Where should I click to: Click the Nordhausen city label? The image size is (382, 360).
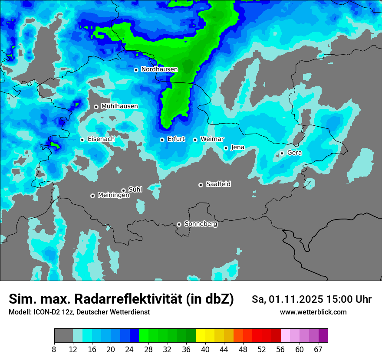tap(159, 69)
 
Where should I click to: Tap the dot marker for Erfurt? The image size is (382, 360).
tap(162, 140)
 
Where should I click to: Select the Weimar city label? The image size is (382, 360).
tap(212, 139)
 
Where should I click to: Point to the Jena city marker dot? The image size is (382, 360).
tap(226, 148)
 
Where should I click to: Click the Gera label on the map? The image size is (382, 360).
tap(294, 153)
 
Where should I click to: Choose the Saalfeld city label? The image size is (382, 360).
tap(218, 184)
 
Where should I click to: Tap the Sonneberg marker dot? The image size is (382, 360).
tap(179, 224)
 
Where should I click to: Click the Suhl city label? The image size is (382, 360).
tap(135, 189)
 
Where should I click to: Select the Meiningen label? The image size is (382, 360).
tap(113, 195)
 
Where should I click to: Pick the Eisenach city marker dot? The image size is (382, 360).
tap(82, 140)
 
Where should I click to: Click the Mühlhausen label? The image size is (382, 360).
tap(119, 106)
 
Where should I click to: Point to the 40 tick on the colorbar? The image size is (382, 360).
tap(205, 350)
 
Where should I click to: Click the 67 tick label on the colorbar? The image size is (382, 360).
tap(319, 350)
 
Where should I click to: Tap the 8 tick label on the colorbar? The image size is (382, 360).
tap(54, 350)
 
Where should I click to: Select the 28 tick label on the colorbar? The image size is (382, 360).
tap(148, 350)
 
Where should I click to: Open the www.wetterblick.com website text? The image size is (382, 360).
tap(313, 312)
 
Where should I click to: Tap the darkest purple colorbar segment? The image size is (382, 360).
tap(323, 336)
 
